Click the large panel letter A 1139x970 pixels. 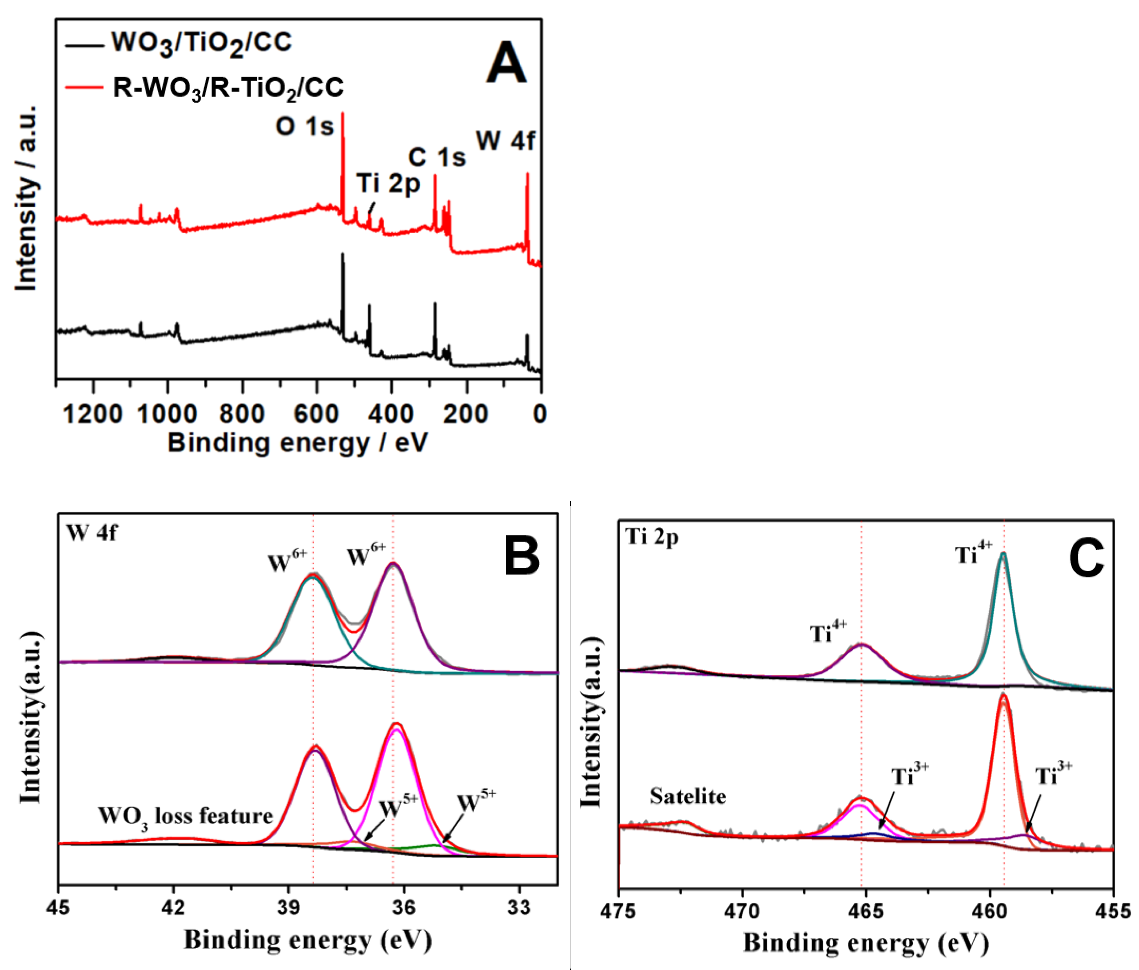[x=506, y=63]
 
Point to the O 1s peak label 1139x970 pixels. [x=304, y=126]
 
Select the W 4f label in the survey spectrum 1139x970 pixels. [x=505, y=141]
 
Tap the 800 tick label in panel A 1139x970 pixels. [x=242, y=413]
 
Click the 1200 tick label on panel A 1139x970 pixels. [x=92, y=413]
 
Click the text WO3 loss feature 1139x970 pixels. [x=185, y=816]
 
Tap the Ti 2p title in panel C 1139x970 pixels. [x=651, y=536]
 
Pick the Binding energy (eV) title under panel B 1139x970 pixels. [x=308, y=940]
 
